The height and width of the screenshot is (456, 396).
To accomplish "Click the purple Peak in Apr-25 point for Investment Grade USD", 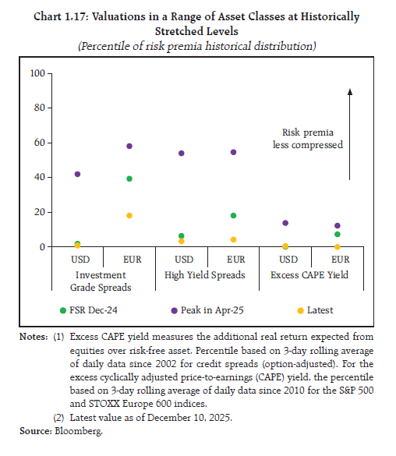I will pos(77,174).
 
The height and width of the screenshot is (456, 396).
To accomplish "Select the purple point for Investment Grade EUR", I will pos(129,146).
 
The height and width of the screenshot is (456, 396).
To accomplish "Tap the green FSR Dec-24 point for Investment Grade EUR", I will pos(129,179).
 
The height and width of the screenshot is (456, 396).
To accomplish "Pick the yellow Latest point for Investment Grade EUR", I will pos(129,215).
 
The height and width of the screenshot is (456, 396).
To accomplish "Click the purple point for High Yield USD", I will pos(181,153).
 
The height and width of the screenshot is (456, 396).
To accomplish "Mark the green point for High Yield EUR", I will pos(233,215).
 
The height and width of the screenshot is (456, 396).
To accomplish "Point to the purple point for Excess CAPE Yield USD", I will pos(285,223).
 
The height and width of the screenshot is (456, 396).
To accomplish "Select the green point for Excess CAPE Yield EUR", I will pos(337,234).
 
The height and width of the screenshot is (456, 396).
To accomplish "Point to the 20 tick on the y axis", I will pos(41,212).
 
